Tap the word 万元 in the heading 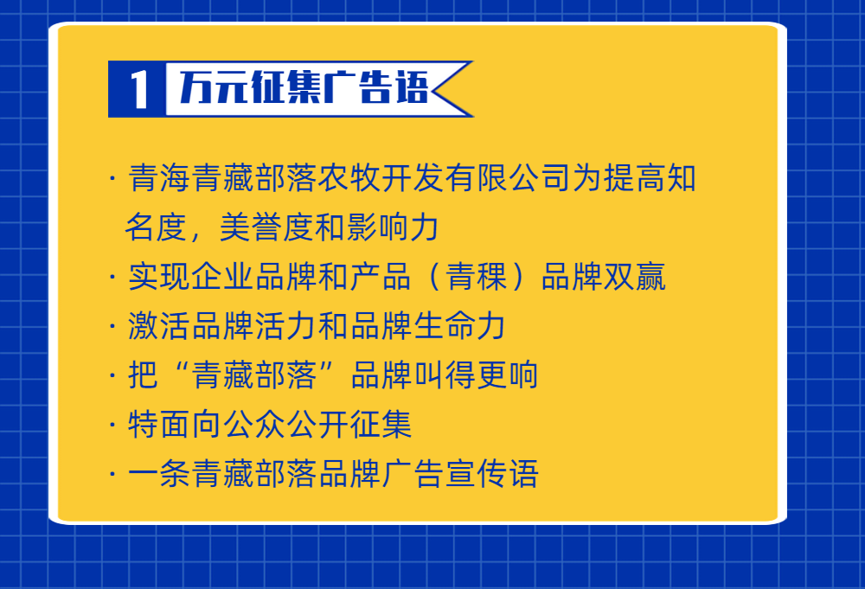tap(213, 87)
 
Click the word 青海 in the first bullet tap(159, 178)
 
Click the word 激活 tap(159, 325)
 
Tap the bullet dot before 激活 tap(112, 325)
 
